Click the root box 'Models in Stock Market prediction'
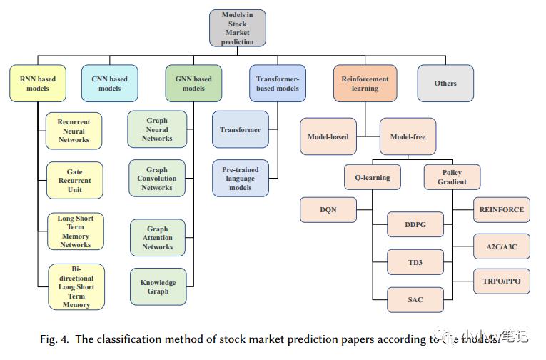click(237, 28)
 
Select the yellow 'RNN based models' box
click(37, 84)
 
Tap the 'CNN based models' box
click(109, 84)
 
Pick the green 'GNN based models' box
click(193, 84)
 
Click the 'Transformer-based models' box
click(277, 84)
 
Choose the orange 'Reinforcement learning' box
click(365, 84)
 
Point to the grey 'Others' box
click(445, 84)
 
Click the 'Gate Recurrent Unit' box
click(74, 181)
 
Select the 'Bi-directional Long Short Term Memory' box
click(76, 287)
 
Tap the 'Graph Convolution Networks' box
click(157, 179)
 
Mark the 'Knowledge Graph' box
click(158, 286)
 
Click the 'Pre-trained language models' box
click(241, 178)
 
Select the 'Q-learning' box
click(372, 177)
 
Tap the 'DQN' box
click(328, 210)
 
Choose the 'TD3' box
click(415, 263)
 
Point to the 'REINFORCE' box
click(502, 210)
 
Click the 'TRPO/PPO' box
click(502, 281)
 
